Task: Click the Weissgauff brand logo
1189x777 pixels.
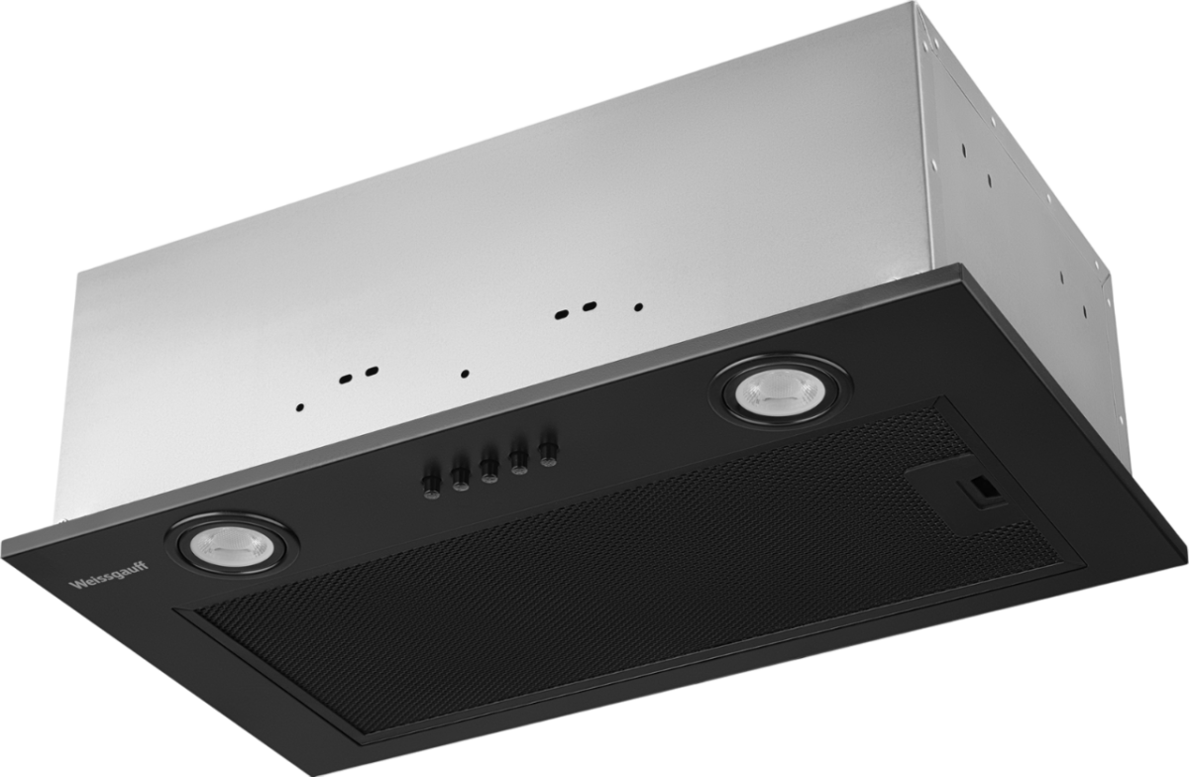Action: (109, 575)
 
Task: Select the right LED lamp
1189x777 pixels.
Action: (782, 390)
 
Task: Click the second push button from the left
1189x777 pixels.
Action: (460, 478)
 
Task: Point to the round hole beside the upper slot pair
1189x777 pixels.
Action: (638, 307)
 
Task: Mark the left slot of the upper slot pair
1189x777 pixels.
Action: (561, 314)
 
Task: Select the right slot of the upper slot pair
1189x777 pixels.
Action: (590, 306)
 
